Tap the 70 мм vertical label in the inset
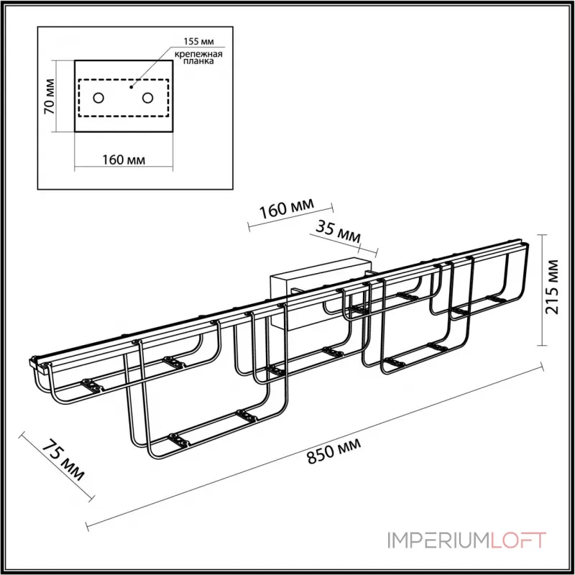[x=49, y=96]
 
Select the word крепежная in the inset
[x=200, y=54]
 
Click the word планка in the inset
[x=201, y=63]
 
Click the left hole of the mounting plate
[x=98, y=97]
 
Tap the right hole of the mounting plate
[x=148, y=97]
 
